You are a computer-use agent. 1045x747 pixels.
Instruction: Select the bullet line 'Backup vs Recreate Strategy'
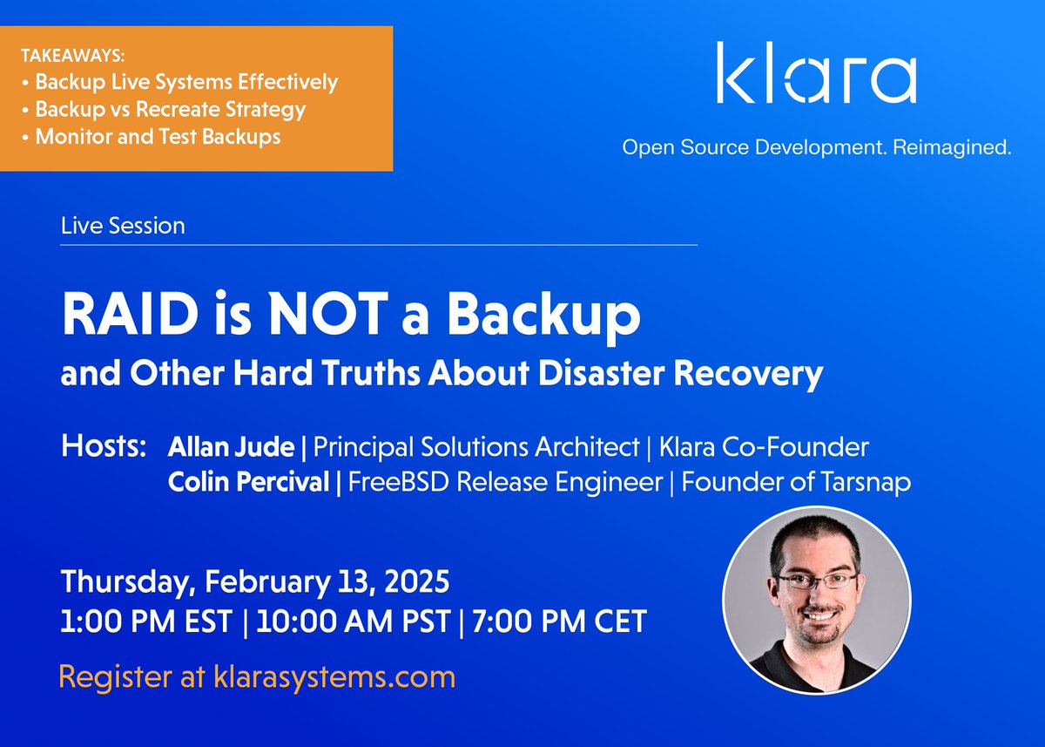coord(170,110)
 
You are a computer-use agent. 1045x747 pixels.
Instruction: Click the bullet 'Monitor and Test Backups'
coord(158,137)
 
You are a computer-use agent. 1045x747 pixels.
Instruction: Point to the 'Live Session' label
coord(123,226)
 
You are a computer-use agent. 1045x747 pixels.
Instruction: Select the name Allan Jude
coord(231,448)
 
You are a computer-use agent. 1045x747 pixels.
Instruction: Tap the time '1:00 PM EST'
coord(146,622)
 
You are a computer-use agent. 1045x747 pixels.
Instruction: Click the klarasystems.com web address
coord(334,676)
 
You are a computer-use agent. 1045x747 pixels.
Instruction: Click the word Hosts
coord(104,448)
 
